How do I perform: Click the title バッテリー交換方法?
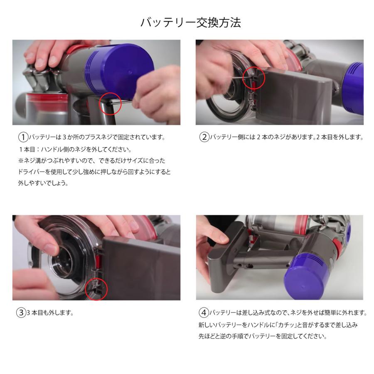coord(191,23)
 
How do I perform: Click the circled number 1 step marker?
coord(23,137)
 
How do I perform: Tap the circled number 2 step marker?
coord(204,137)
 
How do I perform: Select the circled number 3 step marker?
coord(21,312)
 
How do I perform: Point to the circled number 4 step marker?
coord(204,312)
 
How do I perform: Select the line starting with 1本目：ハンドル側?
coord(75,150)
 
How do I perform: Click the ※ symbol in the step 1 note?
coord(21,160)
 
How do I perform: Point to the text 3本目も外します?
coord(50,312)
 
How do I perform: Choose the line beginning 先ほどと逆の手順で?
coord(263,336)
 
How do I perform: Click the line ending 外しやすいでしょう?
coord(43,183)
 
